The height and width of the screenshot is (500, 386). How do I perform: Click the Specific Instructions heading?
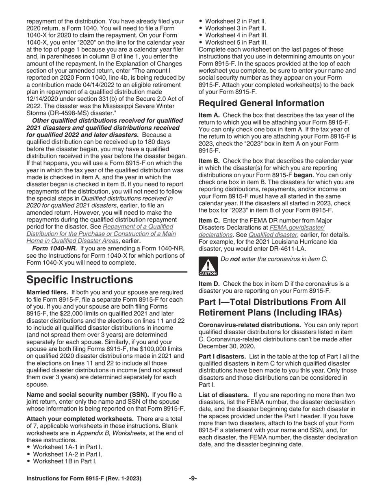coord(80,280)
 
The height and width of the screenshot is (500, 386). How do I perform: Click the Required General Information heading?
coord(261,103)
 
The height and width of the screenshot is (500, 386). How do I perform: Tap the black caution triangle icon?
coord(208,267)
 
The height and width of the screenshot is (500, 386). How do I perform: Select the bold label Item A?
coord(209,115)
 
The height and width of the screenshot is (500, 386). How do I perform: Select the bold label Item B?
coord(209,161)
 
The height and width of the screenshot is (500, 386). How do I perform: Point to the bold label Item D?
coord(209,284)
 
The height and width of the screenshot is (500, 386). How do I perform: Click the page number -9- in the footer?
coord(193,478)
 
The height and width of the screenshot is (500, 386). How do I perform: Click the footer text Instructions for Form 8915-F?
coord(84,478)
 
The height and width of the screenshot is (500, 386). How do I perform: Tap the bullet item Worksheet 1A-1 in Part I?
coord(67,447)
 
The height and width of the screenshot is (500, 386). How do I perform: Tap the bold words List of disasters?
coord(223,395)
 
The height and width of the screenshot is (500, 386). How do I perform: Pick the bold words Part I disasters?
coord(222,357)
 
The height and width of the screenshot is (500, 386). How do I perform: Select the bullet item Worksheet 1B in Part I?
coord(65,461)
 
